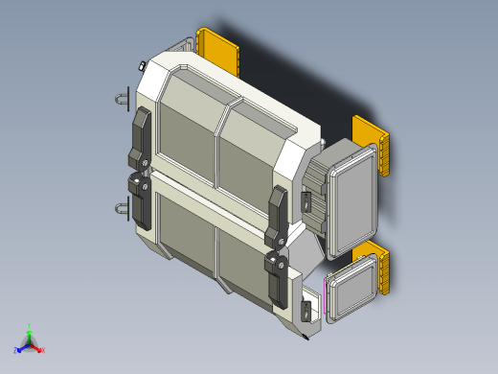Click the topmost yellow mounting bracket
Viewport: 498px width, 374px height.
218,50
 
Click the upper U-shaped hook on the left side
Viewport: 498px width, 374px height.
123,98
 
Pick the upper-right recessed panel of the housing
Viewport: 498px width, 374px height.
250,153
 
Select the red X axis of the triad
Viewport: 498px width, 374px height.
39,349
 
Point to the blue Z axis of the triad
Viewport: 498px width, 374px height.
20,349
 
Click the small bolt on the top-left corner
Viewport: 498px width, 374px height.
141,65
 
